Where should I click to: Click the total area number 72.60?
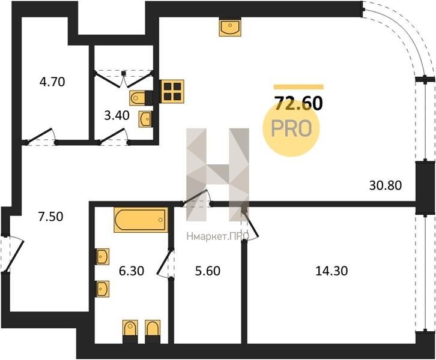coord(298,103)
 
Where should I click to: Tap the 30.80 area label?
coord(386,185)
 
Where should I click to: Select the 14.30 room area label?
coord(332,271)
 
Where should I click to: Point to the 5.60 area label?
coord(208,271)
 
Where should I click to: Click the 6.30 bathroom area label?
coord(132,271)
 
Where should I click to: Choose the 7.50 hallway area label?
coord(50,217)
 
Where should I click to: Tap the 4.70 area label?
coord(52,82)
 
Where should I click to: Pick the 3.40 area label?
coord(117,115)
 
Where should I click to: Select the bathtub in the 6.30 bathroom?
coord(141,220)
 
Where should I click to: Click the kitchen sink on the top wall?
coord(230,27)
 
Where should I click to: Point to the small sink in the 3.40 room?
coord(145,119)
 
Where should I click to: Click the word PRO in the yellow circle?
coord(291,128)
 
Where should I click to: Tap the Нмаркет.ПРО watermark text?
coord(218,236)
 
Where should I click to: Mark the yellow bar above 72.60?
coord(298,87)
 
